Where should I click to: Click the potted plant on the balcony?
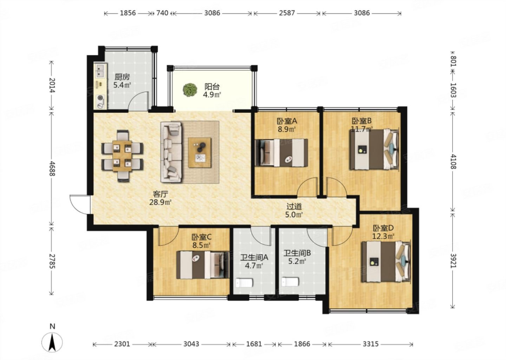click(x=190, y=90)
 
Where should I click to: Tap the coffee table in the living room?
click(x=200, y=153)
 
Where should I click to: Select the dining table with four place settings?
click(x=122, y=156)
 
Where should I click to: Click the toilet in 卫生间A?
click(x=244, y=283)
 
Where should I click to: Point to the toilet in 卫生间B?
click(x=290, y=282)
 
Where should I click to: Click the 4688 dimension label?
click(x=52, y=168)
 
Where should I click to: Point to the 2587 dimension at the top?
click(x=287, y=13)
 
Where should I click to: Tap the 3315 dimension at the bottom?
click(x=370, y=344)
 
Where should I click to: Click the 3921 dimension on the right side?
click(x=453, y=261)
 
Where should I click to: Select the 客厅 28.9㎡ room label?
click(x=160, y=198)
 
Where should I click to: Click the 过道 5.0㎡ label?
click(x=294, y=211)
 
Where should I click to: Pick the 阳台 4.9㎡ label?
click(x=212, y=91)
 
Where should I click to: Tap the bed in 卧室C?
click(x=203, y=265)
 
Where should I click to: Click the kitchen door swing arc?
click(x=138, y=101)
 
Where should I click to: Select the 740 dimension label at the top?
click(x=162, y=13)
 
